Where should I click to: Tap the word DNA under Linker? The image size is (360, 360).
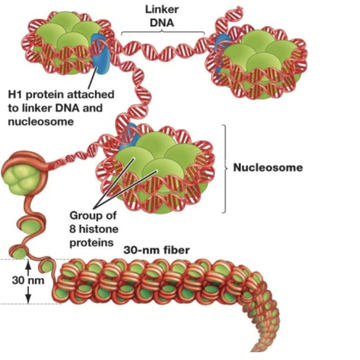coord(162,23)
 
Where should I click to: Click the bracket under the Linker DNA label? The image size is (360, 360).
coord(162,33)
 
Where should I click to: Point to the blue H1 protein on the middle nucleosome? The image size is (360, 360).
coord(130,133)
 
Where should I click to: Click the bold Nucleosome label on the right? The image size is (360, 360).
coord(268,168)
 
